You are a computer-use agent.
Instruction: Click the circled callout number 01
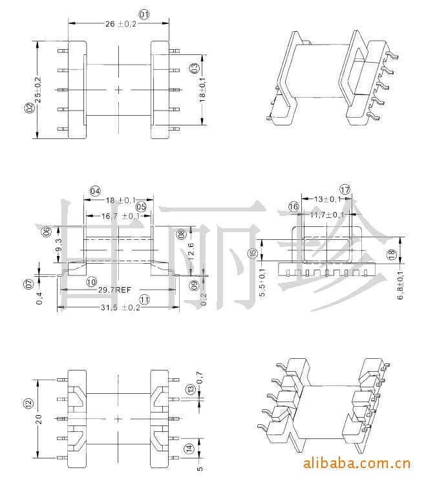[144, 14]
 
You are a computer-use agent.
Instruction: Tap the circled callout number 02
[28, 108]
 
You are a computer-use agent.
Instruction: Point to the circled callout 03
[194, 69]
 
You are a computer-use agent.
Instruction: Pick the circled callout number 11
[144, 299]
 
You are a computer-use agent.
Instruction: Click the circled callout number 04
[95, 191]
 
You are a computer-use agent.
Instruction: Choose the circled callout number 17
[345, 189]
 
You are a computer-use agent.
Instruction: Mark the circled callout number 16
[293, 206]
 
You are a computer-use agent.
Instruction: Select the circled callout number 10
[91, 282]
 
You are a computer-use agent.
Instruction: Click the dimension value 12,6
[190, 250]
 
